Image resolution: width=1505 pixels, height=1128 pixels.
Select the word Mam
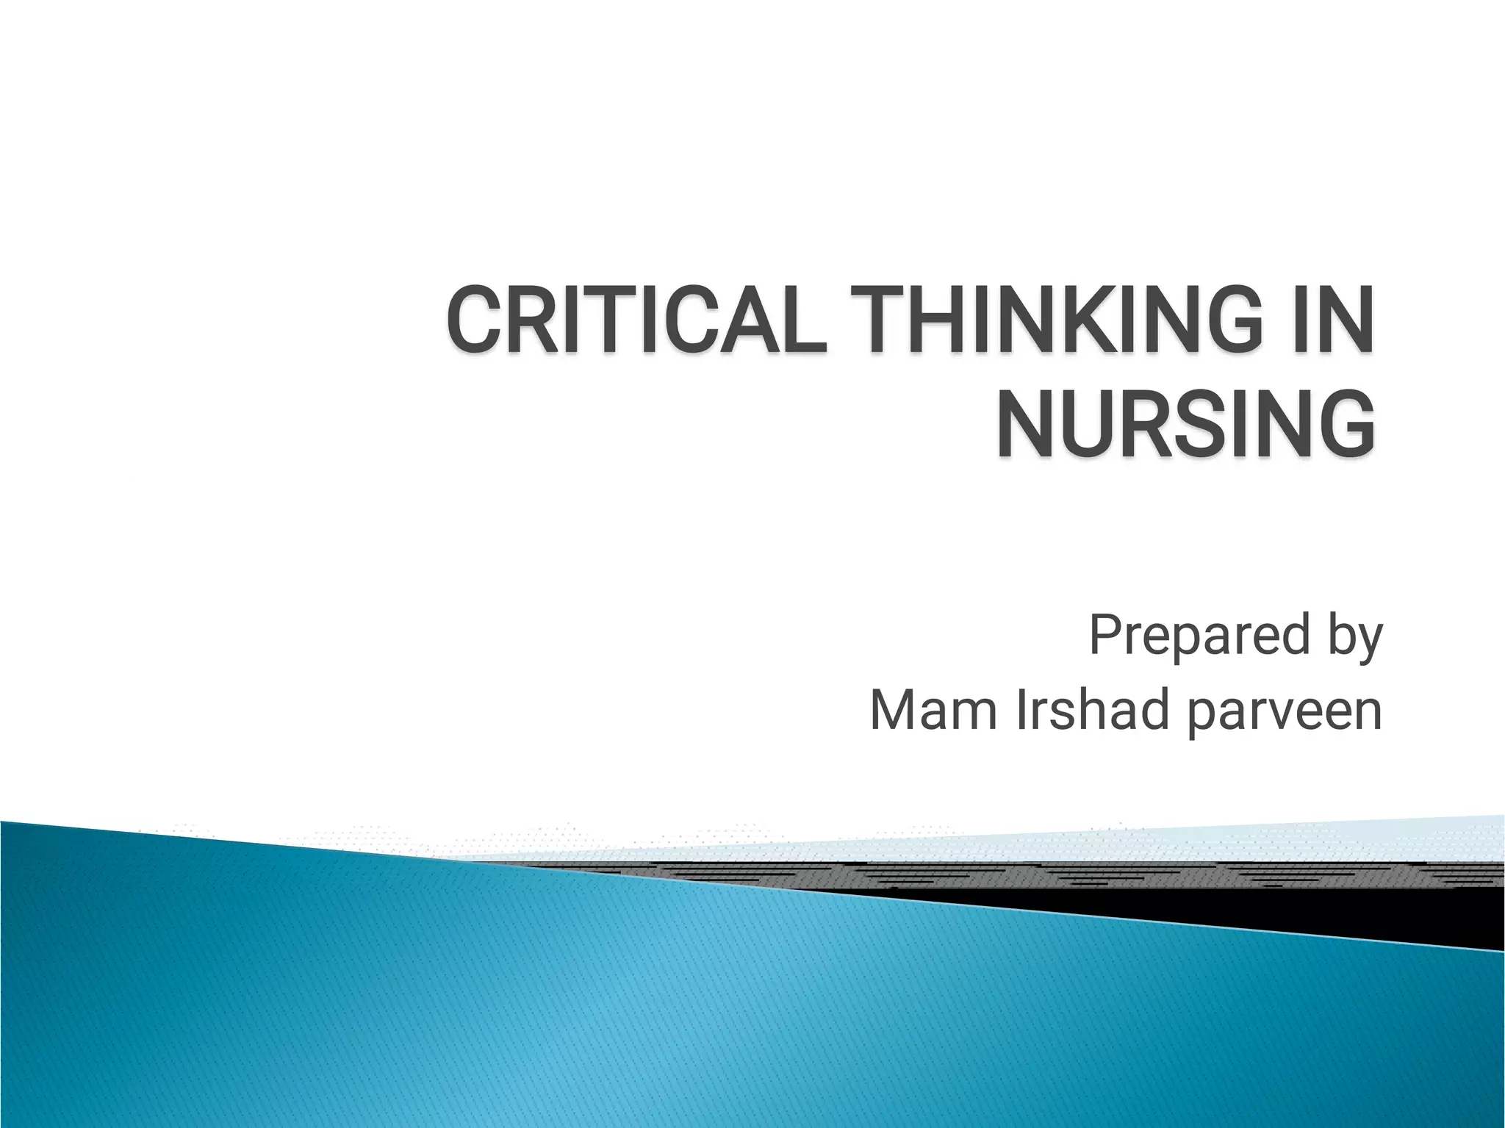(x=933, y=711)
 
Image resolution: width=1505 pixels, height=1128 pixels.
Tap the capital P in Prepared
(x=1105, y=636)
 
